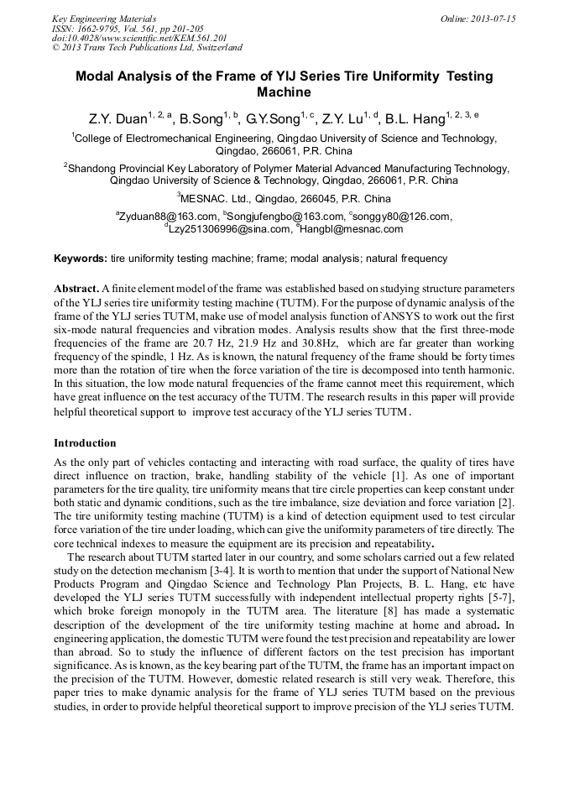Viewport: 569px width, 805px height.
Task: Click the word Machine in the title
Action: (x=284, y=92)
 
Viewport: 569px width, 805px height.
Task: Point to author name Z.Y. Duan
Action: (x=117, y=119)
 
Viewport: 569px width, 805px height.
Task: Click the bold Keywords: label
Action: (x=81, y=259)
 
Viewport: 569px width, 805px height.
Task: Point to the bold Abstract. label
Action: (x=76, y=287)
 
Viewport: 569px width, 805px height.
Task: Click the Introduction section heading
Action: (x=85, y=442)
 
